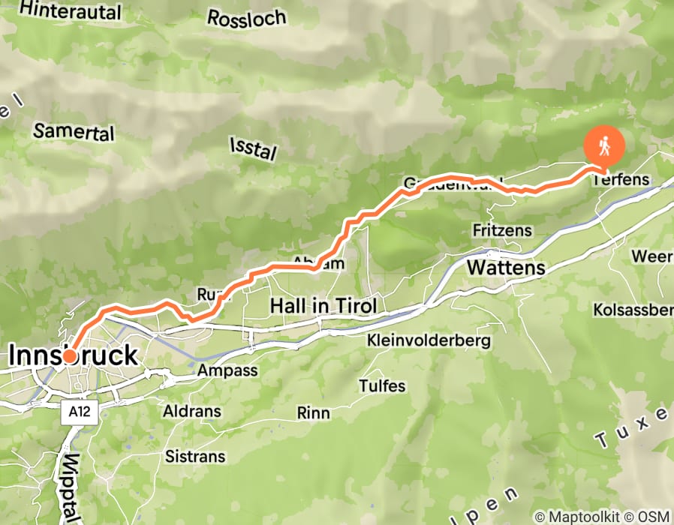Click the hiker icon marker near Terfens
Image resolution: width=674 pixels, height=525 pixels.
[604, 146]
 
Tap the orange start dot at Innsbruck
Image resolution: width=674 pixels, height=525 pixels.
[69, 355]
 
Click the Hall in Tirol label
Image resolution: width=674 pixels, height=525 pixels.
[323, 306]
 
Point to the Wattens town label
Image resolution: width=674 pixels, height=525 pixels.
[506, 268]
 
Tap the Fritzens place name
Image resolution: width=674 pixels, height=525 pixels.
[502, 229]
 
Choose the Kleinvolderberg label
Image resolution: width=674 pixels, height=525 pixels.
[429, 340]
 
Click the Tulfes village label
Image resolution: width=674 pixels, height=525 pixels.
[382, 386]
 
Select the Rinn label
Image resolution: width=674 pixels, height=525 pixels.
[314, 412]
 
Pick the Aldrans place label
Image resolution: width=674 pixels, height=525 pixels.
[192, 411]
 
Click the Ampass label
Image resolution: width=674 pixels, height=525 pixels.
[227, 370]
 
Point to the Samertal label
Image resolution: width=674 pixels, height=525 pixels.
[74, 132]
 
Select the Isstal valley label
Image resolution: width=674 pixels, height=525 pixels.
[253, 148]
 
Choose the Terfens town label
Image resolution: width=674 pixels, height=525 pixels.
[620, 180]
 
